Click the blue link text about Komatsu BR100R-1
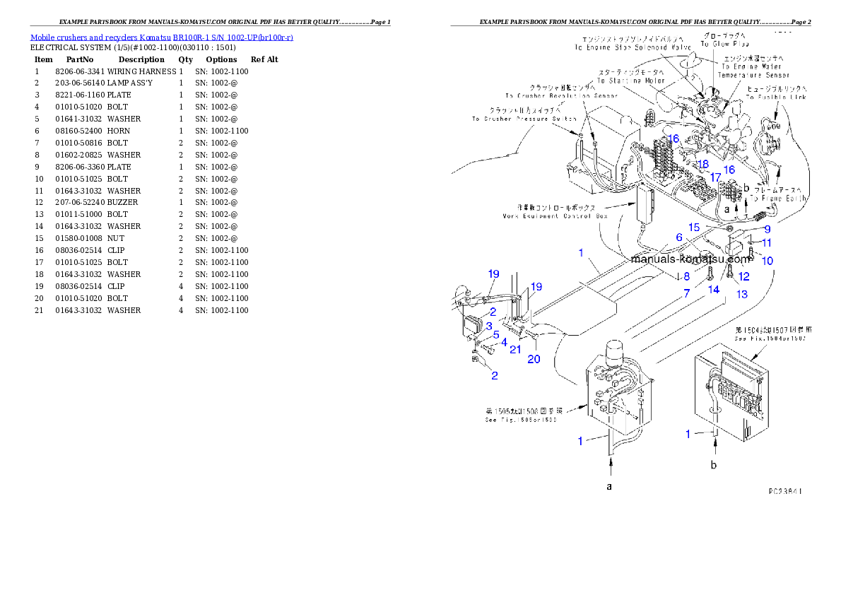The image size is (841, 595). coord(161,37)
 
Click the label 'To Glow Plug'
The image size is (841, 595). coord(719,44)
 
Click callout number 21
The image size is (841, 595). coord(515,349)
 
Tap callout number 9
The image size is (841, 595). coord(767,229)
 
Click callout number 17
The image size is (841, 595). coord(715,177)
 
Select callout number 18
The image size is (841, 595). coord(702,164)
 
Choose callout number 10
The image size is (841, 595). coord(767,261)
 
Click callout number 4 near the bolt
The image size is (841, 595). coord(504,341)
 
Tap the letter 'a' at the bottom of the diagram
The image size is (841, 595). coord(608,486)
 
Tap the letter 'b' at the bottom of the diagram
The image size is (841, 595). coord(714,464)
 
